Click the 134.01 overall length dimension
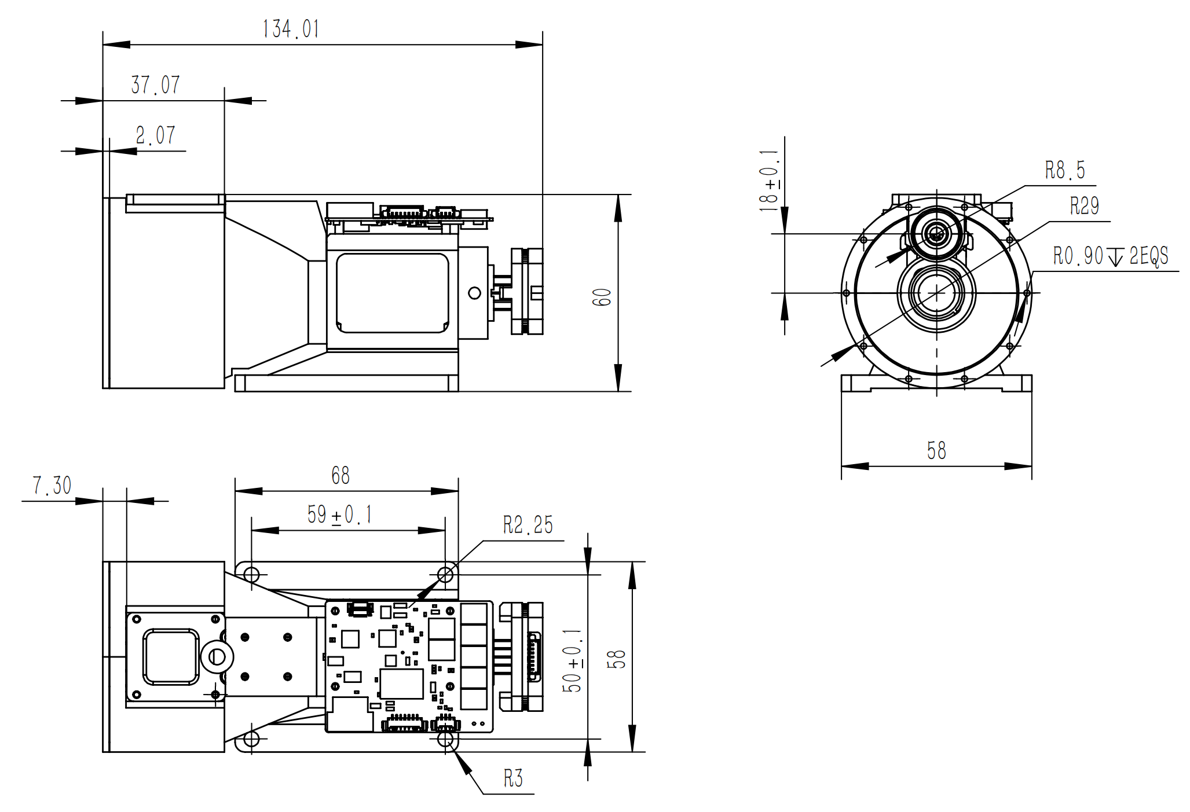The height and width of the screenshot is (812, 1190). click(x=291, y=29)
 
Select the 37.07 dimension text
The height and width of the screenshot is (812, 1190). click(x=155, y=85)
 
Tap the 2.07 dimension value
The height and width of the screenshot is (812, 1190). click(x=155, y=135)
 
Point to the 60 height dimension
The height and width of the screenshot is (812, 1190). click(x=602, y=297)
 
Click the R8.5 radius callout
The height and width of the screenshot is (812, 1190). click(x=1064, y=171)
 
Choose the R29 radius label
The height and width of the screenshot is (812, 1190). click(x=1083, y=206)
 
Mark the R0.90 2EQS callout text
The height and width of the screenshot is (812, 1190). click(x=1110, y=256)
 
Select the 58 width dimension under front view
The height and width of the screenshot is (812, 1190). click(x=936, y=450)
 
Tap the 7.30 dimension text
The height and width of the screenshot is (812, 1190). click(x=52, y=486)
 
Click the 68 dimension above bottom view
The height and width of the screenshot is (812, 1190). click(x=340, y=476)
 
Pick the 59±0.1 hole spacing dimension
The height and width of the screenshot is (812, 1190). click(x=339, y=515)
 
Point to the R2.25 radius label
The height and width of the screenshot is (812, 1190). click(x=528, y=525)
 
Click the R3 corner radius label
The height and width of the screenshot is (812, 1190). click(x=513, y=778)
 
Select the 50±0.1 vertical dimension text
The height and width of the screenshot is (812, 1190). click(x=572, y=661)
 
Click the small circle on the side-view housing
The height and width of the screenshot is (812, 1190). click(x=474, y=293)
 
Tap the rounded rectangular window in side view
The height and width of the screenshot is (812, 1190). click(x=393, y=293)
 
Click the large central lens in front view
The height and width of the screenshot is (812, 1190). click(x=936, y=293)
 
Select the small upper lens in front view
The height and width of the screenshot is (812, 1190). click(x=936, y=234)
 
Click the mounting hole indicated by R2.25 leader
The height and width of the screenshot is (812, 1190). click(x=445, y=575)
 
